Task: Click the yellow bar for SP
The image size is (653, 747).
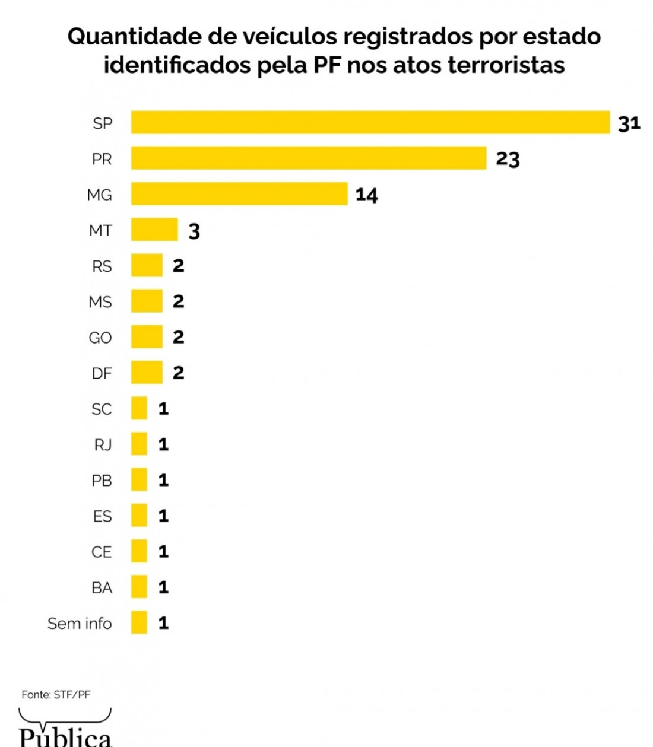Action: (370, 122)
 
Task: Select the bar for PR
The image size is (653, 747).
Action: (309, 158)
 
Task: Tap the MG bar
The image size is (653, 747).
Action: (239, 194)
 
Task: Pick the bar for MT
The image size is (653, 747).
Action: (154, 230)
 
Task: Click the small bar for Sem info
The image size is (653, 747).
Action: (139, 622)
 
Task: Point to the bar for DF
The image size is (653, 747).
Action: (147, 373)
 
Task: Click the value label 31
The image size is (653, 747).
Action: (629, 123)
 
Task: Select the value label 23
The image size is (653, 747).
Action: (508, 159)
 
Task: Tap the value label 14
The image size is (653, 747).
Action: (366, 195)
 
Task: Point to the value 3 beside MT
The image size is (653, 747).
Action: (194, 231)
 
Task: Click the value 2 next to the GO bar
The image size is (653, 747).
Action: (178, 337)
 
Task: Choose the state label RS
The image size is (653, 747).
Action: (102, 266)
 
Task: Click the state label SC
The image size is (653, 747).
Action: (102, 409)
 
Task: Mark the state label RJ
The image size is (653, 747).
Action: (103, 444)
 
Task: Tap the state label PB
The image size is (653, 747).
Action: (102, 480)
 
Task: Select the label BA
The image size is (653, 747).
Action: (102, 587)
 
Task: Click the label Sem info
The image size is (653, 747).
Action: (80, 623)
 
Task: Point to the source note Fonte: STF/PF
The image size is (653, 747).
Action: (56, 694)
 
